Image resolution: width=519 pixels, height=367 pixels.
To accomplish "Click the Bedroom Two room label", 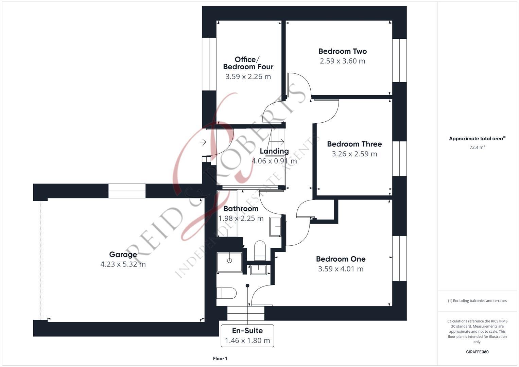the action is [x=342, y=51].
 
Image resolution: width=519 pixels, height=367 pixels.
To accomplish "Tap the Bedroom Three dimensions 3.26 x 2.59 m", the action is [x=354, y=154].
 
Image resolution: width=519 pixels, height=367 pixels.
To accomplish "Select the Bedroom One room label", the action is [x=341, y=259].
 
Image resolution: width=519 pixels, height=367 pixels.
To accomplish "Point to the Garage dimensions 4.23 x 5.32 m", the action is [x=123, y=264].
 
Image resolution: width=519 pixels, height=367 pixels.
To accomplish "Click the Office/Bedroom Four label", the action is [x=248, y=63].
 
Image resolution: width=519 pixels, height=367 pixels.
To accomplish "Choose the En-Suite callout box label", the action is [x=247, y=331].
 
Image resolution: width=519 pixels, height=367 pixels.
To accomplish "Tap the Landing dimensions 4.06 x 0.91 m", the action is [x=274, y=161].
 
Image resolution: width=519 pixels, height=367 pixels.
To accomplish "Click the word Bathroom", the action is [x=241, y=209].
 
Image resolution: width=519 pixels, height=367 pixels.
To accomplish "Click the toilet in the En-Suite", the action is [x=227, y=293].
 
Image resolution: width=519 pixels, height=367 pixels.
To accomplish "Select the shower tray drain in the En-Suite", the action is [x=229, y=261].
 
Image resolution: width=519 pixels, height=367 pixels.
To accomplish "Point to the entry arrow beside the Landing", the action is [x=203, y=142].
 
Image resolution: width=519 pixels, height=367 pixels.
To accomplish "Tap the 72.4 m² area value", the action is [x=477, y=147].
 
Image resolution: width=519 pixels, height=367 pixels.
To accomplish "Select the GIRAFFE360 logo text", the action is [x=477, y=352].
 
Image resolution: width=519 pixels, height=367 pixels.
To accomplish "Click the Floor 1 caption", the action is [x=220, y=359].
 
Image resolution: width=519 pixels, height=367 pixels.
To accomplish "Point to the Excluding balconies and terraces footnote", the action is [x=477, y=301].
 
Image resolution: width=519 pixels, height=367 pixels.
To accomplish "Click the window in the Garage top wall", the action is [x=127, y=191].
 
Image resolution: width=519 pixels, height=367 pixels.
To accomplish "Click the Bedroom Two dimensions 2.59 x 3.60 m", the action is [x=342, y=61].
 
